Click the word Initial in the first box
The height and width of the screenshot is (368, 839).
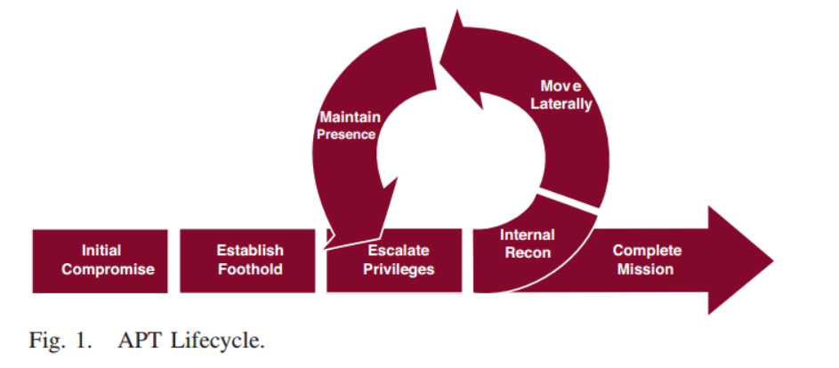click(x=101, y=251)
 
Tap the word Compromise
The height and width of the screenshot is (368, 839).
click(x=101, y=269)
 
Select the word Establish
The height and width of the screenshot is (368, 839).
click(x=250, y=251)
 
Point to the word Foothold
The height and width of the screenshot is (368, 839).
click(x=250, y=269)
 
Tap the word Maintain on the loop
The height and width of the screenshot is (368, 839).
click(x=350, y=117)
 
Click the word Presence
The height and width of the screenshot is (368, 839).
click(x=346, y=135)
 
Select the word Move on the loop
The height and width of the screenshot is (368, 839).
click(x=561, y=86)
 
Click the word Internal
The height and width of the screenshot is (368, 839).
click(x=527, y=236)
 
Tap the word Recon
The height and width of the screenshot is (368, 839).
click(x=527, y=253)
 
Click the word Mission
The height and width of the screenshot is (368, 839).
click(x=647, y=269)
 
